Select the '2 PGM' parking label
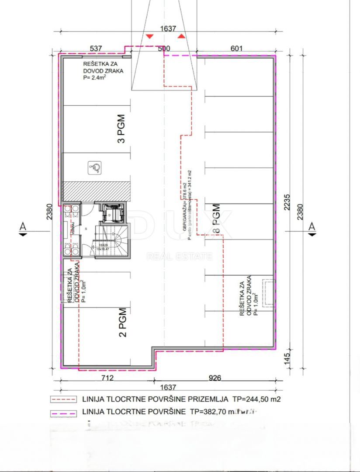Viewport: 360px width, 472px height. (x=123, y=323)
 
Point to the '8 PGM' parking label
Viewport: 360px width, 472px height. (x=215, y=219)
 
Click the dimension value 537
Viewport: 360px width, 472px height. (x=96, y=49)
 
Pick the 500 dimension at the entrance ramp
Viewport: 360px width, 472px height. (x=163, y=49)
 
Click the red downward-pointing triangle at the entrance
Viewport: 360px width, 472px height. (x=149, y=36)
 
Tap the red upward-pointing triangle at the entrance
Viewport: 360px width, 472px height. (x=180, y=36)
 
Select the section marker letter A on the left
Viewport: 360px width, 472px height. (x=22, y=226)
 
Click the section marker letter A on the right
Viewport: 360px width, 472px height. (x=312, y=226)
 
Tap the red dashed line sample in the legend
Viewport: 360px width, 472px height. (x=63, y=399)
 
